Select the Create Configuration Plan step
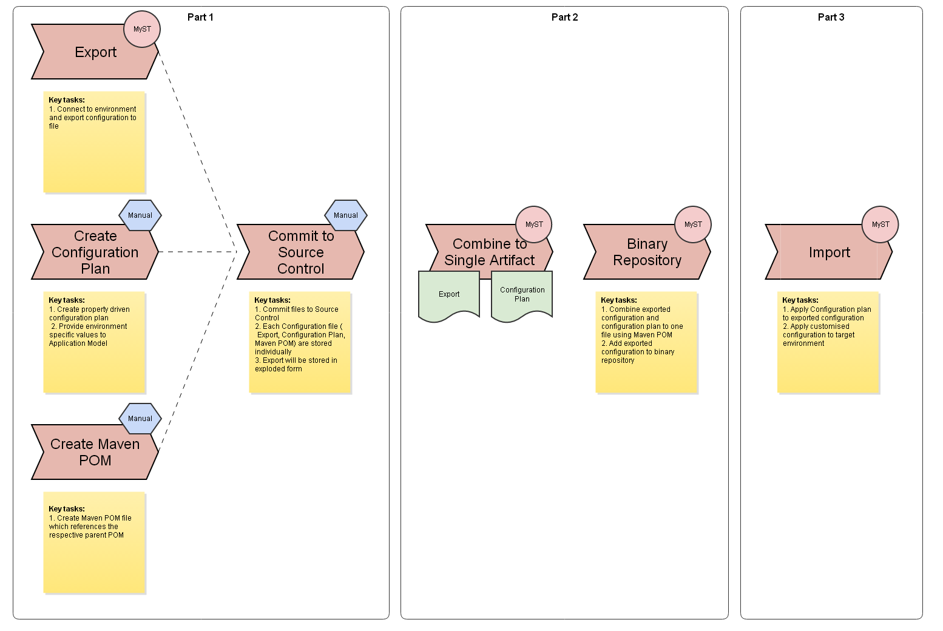[95, 252]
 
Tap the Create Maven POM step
[95, 453]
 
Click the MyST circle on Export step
[142, 29]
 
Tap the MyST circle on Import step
[880, 224]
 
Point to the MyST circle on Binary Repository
[693, 224]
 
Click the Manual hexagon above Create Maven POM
[140, 419]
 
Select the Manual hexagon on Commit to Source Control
[346, 215]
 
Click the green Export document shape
[449, 295]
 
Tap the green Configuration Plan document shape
[522, 295]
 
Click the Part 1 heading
[200, 17]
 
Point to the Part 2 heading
[564, 17]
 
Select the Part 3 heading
[831, 17]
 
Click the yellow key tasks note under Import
[828, 343]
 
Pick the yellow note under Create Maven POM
[95, 542]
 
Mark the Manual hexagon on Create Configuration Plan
[140, 215]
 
